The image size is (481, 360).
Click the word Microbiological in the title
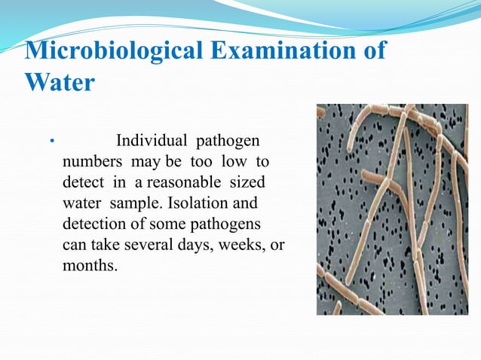click(112, 53)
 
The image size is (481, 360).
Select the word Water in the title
click(60, 81)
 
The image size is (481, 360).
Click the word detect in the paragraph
click(79, 183)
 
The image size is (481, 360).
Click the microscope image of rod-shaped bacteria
click(392, 209)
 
